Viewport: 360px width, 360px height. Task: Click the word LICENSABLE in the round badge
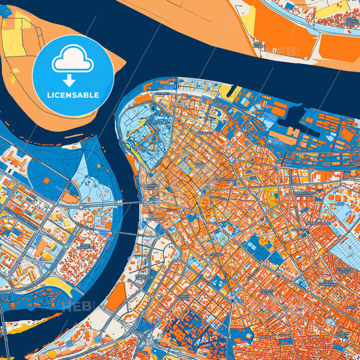pyautogui.click(x=73, y=95)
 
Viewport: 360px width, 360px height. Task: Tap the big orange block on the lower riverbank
pyautogui.click(x=115, y=297)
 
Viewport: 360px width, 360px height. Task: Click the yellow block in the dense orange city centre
pyautogui.click(x=272, y=197)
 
